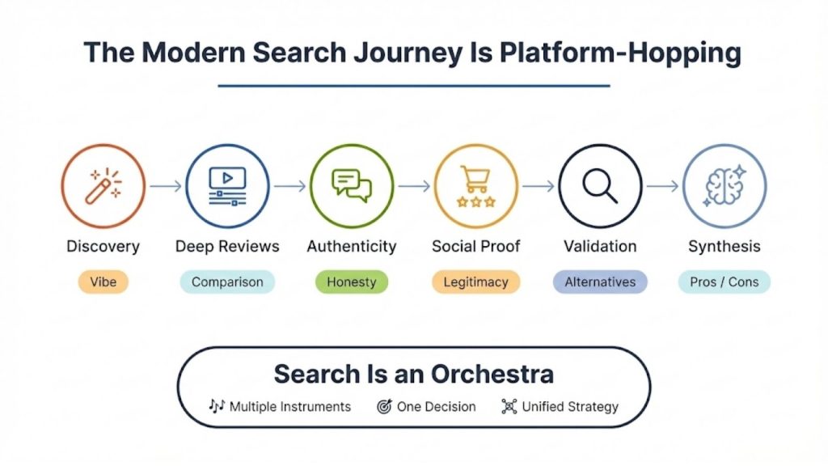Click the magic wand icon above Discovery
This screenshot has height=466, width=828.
coord(103,185)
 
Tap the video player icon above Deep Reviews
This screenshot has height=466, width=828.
coord(227,185)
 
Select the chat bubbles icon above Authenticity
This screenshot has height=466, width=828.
coord(352,185)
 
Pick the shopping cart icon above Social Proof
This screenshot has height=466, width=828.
coord(475,185)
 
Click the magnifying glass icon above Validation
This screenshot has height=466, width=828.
coord(600,185)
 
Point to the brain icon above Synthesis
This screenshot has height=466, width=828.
coord(724,185)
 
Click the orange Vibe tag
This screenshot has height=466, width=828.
coord(103,282)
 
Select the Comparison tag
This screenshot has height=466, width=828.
coord(227,282)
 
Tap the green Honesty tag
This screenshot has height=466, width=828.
coord(352,282)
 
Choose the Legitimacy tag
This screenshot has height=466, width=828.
coord(475,282)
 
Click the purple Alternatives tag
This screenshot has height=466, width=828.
coord(600,282)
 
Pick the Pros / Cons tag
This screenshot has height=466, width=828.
coord(724,282)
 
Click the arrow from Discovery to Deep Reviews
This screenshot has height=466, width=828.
coord(165,186)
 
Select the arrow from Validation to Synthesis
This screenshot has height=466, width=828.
coord(662,186)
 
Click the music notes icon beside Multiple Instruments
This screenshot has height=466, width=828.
coord(216,406)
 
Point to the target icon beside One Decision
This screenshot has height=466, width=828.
coord(384,407)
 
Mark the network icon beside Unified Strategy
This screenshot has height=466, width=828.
coord(509,407)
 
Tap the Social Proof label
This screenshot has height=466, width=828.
coord(475,246)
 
